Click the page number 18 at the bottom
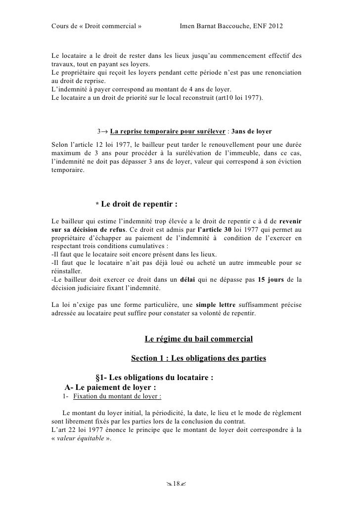coord(180,482)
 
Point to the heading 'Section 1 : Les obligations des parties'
coord(198,358)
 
